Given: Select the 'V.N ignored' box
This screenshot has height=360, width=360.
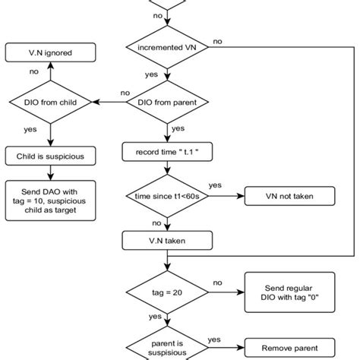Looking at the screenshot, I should pos(49,53).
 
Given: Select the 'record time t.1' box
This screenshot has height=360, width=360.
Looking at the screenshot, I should pos(165,153).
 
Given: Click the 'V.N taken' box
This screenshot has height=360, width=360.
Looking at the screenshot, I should pos(165,242).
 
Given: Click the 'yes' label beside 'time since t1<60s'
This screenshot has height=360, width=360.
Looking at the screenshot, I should pos(216,186).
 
